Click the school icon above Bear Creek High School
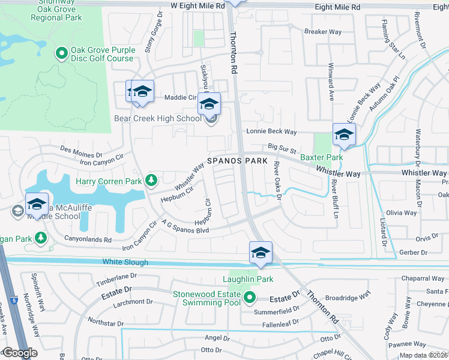click(209, 104)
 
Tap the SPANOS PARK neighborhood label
click(234, 161)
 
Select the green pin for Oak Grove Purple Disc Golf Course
click(61, 54)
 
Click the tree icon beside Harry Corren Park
click(152, 180)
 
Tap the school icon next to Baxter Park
click(344, 134)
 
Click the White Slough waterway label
click(124, 262)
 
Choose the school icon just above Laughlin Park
click(261, 253)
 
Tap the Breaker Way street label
click(323, 32)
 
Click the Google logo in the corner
click(19, 353)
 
